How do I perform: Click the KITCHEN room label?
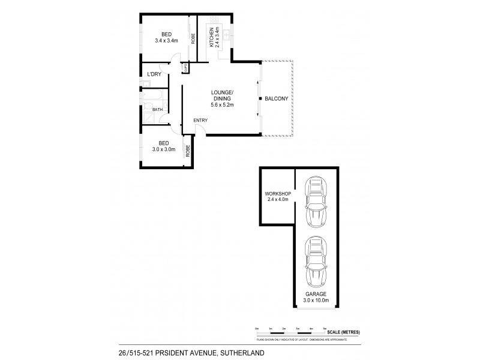pyautogui.click(x=211, y=37)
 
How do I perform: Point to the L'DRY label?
pyautogui.click(x=154, y=74)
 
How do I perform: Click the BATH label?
pyautogui.click(x=157, y=109)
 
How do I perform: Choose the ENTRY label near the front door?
pyautogui.click(x=200, y=121)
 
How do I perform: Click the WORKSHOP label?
pyautogui.click(x=277, y=193)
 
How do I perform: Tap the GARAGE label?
pyautogui.click(x=318, y=294)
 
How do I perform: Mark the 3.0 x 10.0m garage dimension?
pyautogui.click(x=318, y=300)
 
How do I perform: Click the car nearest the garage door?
pyautogui.click(x=317, y=262)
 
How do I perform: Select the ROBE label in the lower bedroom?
pyautogui.click(x=187, y=151)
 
